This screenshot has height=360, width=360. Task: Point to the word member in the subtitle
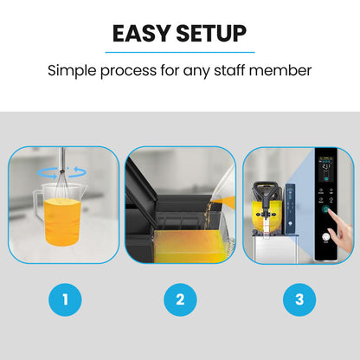pos(286,69)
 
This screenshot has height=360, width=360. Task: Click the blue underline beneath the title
pos(180,51)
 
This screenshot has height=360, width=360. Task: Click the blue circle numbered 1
pos(65,300)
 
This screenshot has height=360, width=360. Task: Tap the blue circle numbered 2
pos(180,300)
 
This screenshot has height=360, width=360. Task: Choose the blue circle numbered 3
pos(299,300)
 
